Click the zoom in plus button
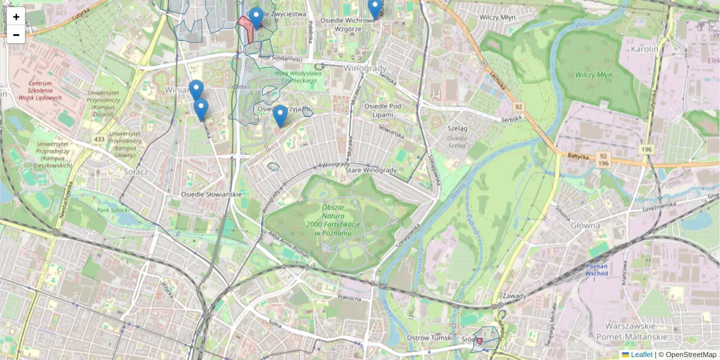click(16, 17)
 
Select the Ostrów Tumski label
click(427, 338)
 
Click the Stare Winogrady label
click(371, 170)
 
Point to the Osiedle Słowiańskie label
click(211, 194)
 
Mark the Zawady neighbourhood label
click(515, 296)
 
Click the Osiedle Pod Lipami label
click(382, 110)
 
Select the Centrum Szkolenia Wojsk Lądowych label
click(40, 90)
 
